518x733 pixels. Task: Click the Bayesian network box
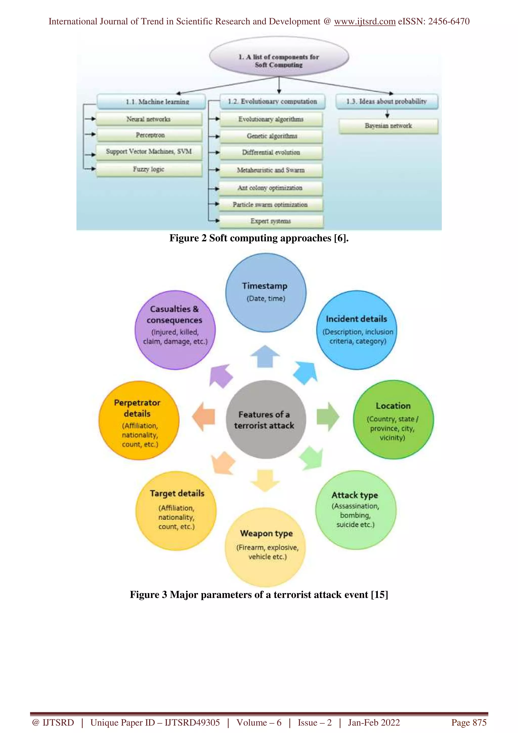pos(388,126)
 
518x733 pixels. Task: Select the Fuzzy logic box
pos(149,169)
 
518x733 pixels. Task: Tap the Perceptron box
pos(149,135)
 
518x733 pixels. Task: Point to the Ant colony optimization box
pos(270,188)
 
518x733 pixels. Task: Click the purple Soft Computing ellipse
pos(279,57)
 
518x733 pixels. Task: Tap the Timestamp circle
pos(266,292)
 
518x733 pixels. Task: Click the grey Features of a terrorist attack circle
pos(266,420)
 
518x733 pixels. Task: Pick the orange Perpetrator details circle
pos(139,420)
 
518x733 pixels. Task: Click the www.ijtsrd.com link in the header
pos(364,21)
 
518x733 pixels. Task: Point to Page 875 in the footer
pos(468,722)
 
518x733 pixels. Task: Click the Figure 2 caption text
pos(259,238)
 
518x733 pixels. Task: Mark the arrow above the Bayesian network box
pos(387,114)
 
